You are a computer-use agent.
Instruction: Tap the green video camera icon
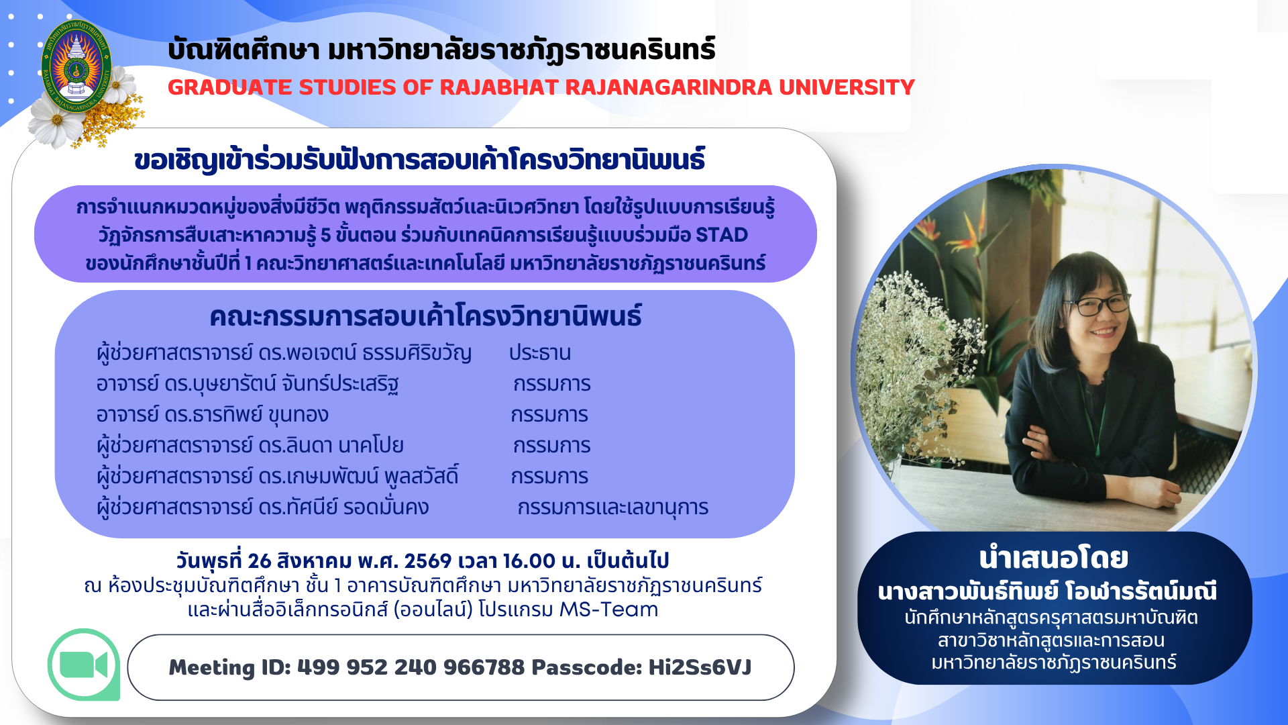84,665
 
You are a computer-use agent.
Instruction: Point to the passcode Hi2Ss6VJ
700,667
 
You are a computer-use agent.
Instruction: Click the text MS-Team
609,609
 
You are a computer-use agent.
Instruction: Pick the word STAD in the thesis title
722,235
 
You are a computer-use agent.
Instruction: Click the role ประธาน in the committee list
540,353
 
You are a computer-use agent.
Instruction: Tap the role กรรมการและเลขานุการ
613,507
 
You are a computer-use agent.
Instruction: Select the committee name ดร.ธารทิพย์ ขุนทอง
246,415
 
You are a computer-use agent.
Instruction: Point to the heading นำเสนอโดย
1054,559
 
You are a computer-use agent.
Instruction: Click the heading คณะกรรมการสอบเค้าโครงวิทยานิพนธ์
425,316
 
